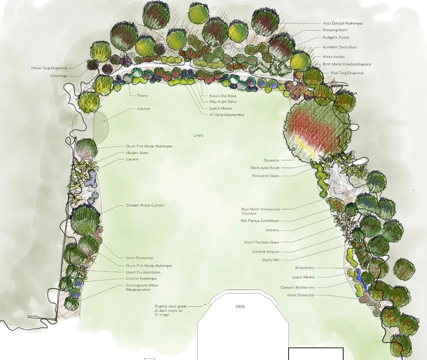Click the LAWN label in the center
(x=198, y=136)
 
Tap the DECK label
(x=240, y=306)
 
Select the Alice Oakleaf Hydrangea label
(x=342, y=23)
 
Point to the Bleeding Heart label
(x=335, y=30)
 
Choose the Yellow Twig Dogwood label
(x=48, y=68)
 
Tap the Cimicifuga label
(x=58, y=76)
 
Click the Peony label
(x=142, y=96)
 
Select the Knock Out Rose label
(x=223, y=96)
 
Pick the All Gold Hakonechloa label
(x=227, y=115)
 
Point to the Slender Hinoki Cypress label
(x=145, y=205)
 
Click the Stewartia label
(x=271, y=160)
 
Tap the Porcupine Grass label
(x=266, y=176)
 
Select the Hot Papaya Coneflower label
(x=260, y=221)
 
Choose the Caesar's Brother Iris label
(x=297, y=287)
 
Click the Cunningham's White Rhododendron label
(x=141, y=287)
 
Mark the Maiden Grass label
(x=137, y=153)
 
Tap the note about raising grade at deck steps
(x=170, y=311)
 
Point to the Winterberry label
(x=305, y=268)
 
